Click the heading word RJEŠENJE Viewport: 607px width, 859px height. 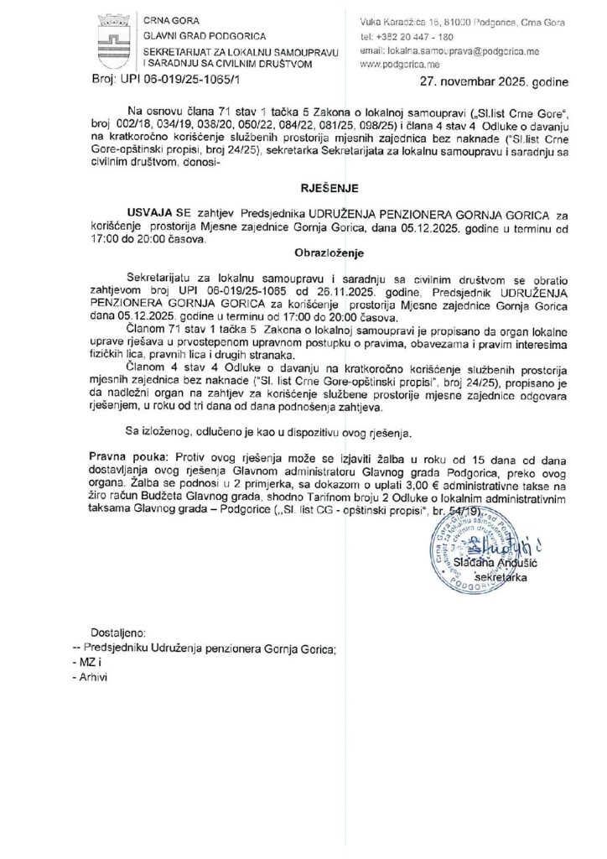303,190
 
